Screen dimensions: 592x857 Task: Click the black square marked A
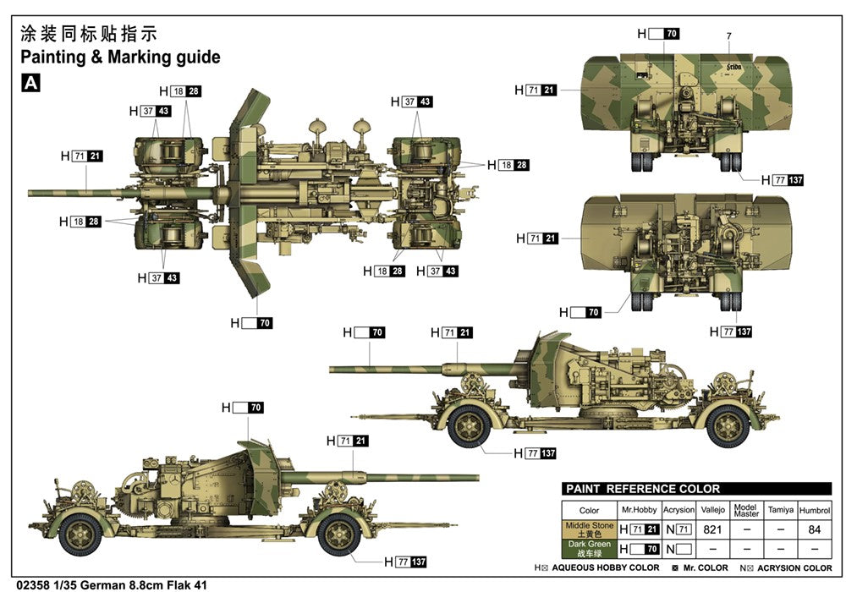click(x=30, y=83)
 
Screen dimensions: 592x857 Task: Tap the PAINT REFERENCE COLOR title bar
click(x=643, y=489)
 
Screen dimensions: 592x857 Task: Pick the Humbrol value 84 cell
click(x=815, y=529)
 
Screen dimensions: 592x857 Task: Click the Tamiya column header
click(x=780, y=511)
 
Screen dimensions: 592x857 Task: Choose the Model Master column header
click(x=746, y=510)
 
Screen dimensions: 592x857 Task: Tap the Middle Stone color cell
click(x=591, y=529)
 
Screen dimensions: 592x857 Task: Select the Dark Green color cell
click(x=591, y=548)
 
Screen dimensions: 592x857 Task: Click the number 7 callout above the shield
click(x=728, y=36)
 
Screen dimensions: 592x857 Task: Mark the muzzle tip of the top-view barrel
click(x=31, y=192)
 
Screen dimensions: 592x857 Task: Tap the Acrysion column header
click(x=678, y=511)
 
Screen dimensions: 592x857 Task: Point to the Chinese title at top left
click(x=88, y=34)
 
